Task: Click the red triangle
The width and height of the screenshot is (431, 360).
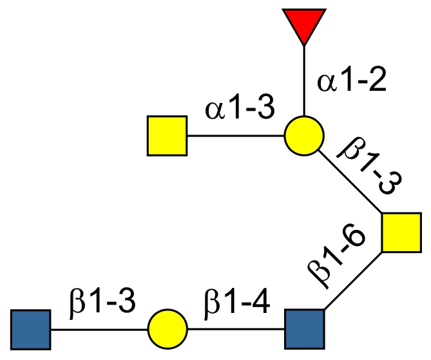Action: click(303, 23)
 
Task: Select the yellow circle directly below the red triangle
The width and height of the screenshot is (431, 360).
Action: click(303, 136)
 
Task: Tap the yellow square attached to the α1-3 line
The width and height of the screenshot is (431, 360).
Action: click(168, 136)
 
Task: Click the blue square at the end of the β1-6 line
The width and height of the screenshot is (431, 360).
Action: click(304, 328)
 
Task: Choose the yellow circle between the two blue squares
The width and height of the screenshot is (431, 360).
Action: click(168, 328)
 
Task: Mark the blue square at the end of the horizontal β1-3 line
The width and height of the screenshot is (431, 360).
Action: click(31, 328)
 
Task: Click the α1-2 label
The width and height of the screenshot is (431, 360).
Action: click(350, 82)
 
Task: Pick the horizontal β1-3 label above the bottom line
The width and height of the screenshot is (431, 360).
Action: click(102, 301)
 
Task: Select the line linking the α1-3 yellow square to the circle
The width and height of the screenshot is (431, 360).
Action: click(235, 136)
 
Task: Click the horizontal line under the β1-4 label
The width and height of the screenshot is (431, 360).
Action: click(235, 328)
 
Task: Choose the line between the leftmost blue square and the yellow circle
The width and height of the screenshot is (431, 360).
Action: click(99, 328)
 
